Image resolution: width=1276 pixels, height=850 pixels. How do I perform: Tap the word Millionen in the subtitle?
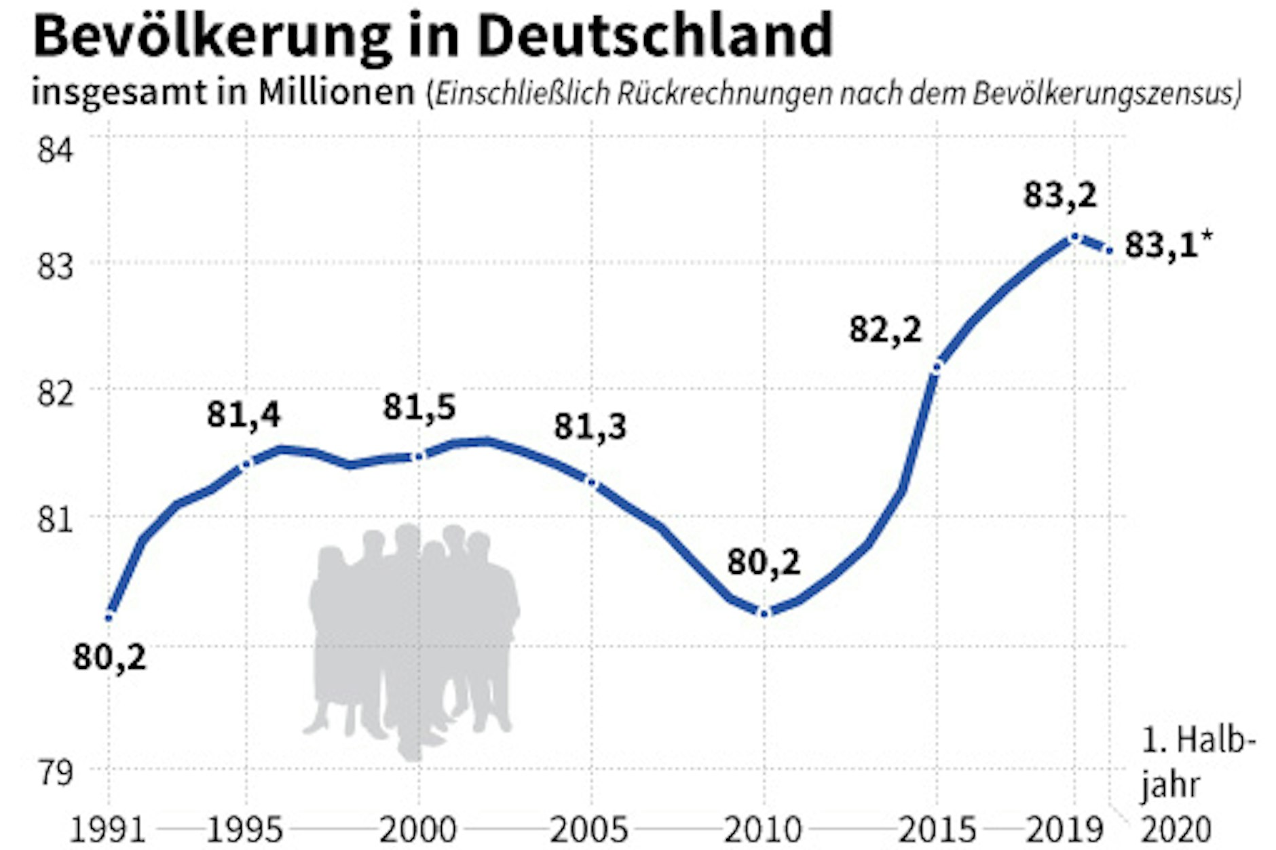336,92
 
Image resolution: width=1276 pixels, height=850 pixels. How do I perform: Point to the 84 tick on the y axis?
54,150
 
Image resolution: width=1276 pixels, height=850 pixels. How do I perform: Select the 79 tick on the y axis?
54,772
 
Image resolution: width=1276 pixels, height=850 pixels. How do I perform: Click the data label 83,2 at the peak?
1059,196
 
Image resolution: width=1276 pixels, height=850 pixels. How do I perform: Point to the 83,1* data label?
1167,246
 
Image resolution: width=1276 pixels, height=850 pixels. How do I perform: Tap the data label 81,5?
419,408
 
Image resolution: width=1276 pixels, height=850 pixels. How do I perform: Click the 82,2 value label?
885,330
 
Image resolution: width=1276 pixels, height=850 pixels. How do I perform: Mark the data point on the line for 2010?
764,613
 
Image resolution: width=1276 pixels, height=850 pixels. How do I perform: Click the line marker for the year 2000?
419,457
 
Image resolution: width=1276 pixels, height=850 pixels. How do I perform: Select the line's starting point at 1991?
109,617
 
